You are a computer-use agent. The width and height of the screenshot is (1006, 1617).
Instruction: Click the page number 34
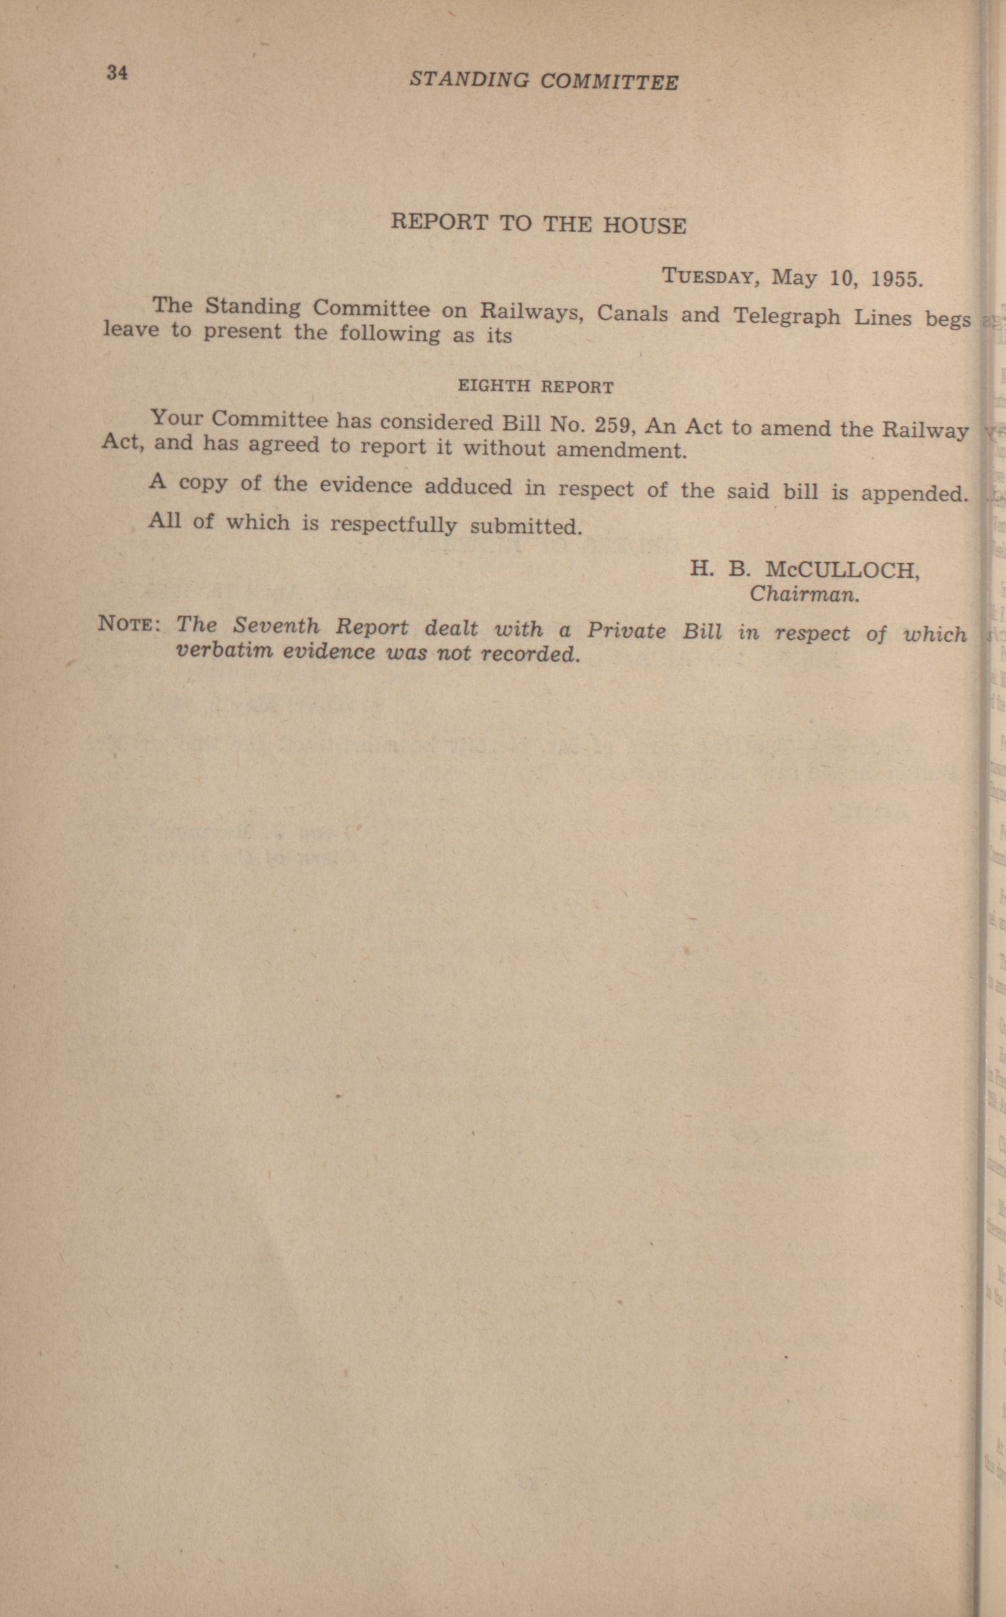pyautogui.click(x=116, y=73)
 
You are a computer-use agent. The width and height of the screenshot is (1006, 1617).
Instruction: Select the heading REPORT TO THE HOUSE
pyautogui.click(x=538, y=224)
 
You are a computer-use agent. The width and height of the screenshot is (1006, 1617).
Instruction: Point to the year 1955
pyautogui.click(x=896, y=279)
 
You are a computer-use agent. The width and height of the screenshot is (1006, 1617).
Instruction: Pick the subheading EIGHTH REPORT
pyautogui.click(x=536, y=387)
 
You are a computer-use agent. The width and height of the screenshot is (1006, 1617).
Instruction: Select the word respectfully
pyautogui.click(x=393, y=525)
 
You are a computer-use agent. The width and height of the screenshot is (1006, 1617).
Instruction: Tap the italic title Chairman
pyautogui.click(x=804, y=594)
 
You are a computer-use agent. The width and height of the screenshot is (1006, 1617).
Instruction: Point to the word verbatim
pyautogui.click(x=224, y=650)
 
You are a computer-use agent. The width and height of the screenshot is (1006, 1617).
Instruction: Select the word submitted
pyautogui.click(x=526, y=527)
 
